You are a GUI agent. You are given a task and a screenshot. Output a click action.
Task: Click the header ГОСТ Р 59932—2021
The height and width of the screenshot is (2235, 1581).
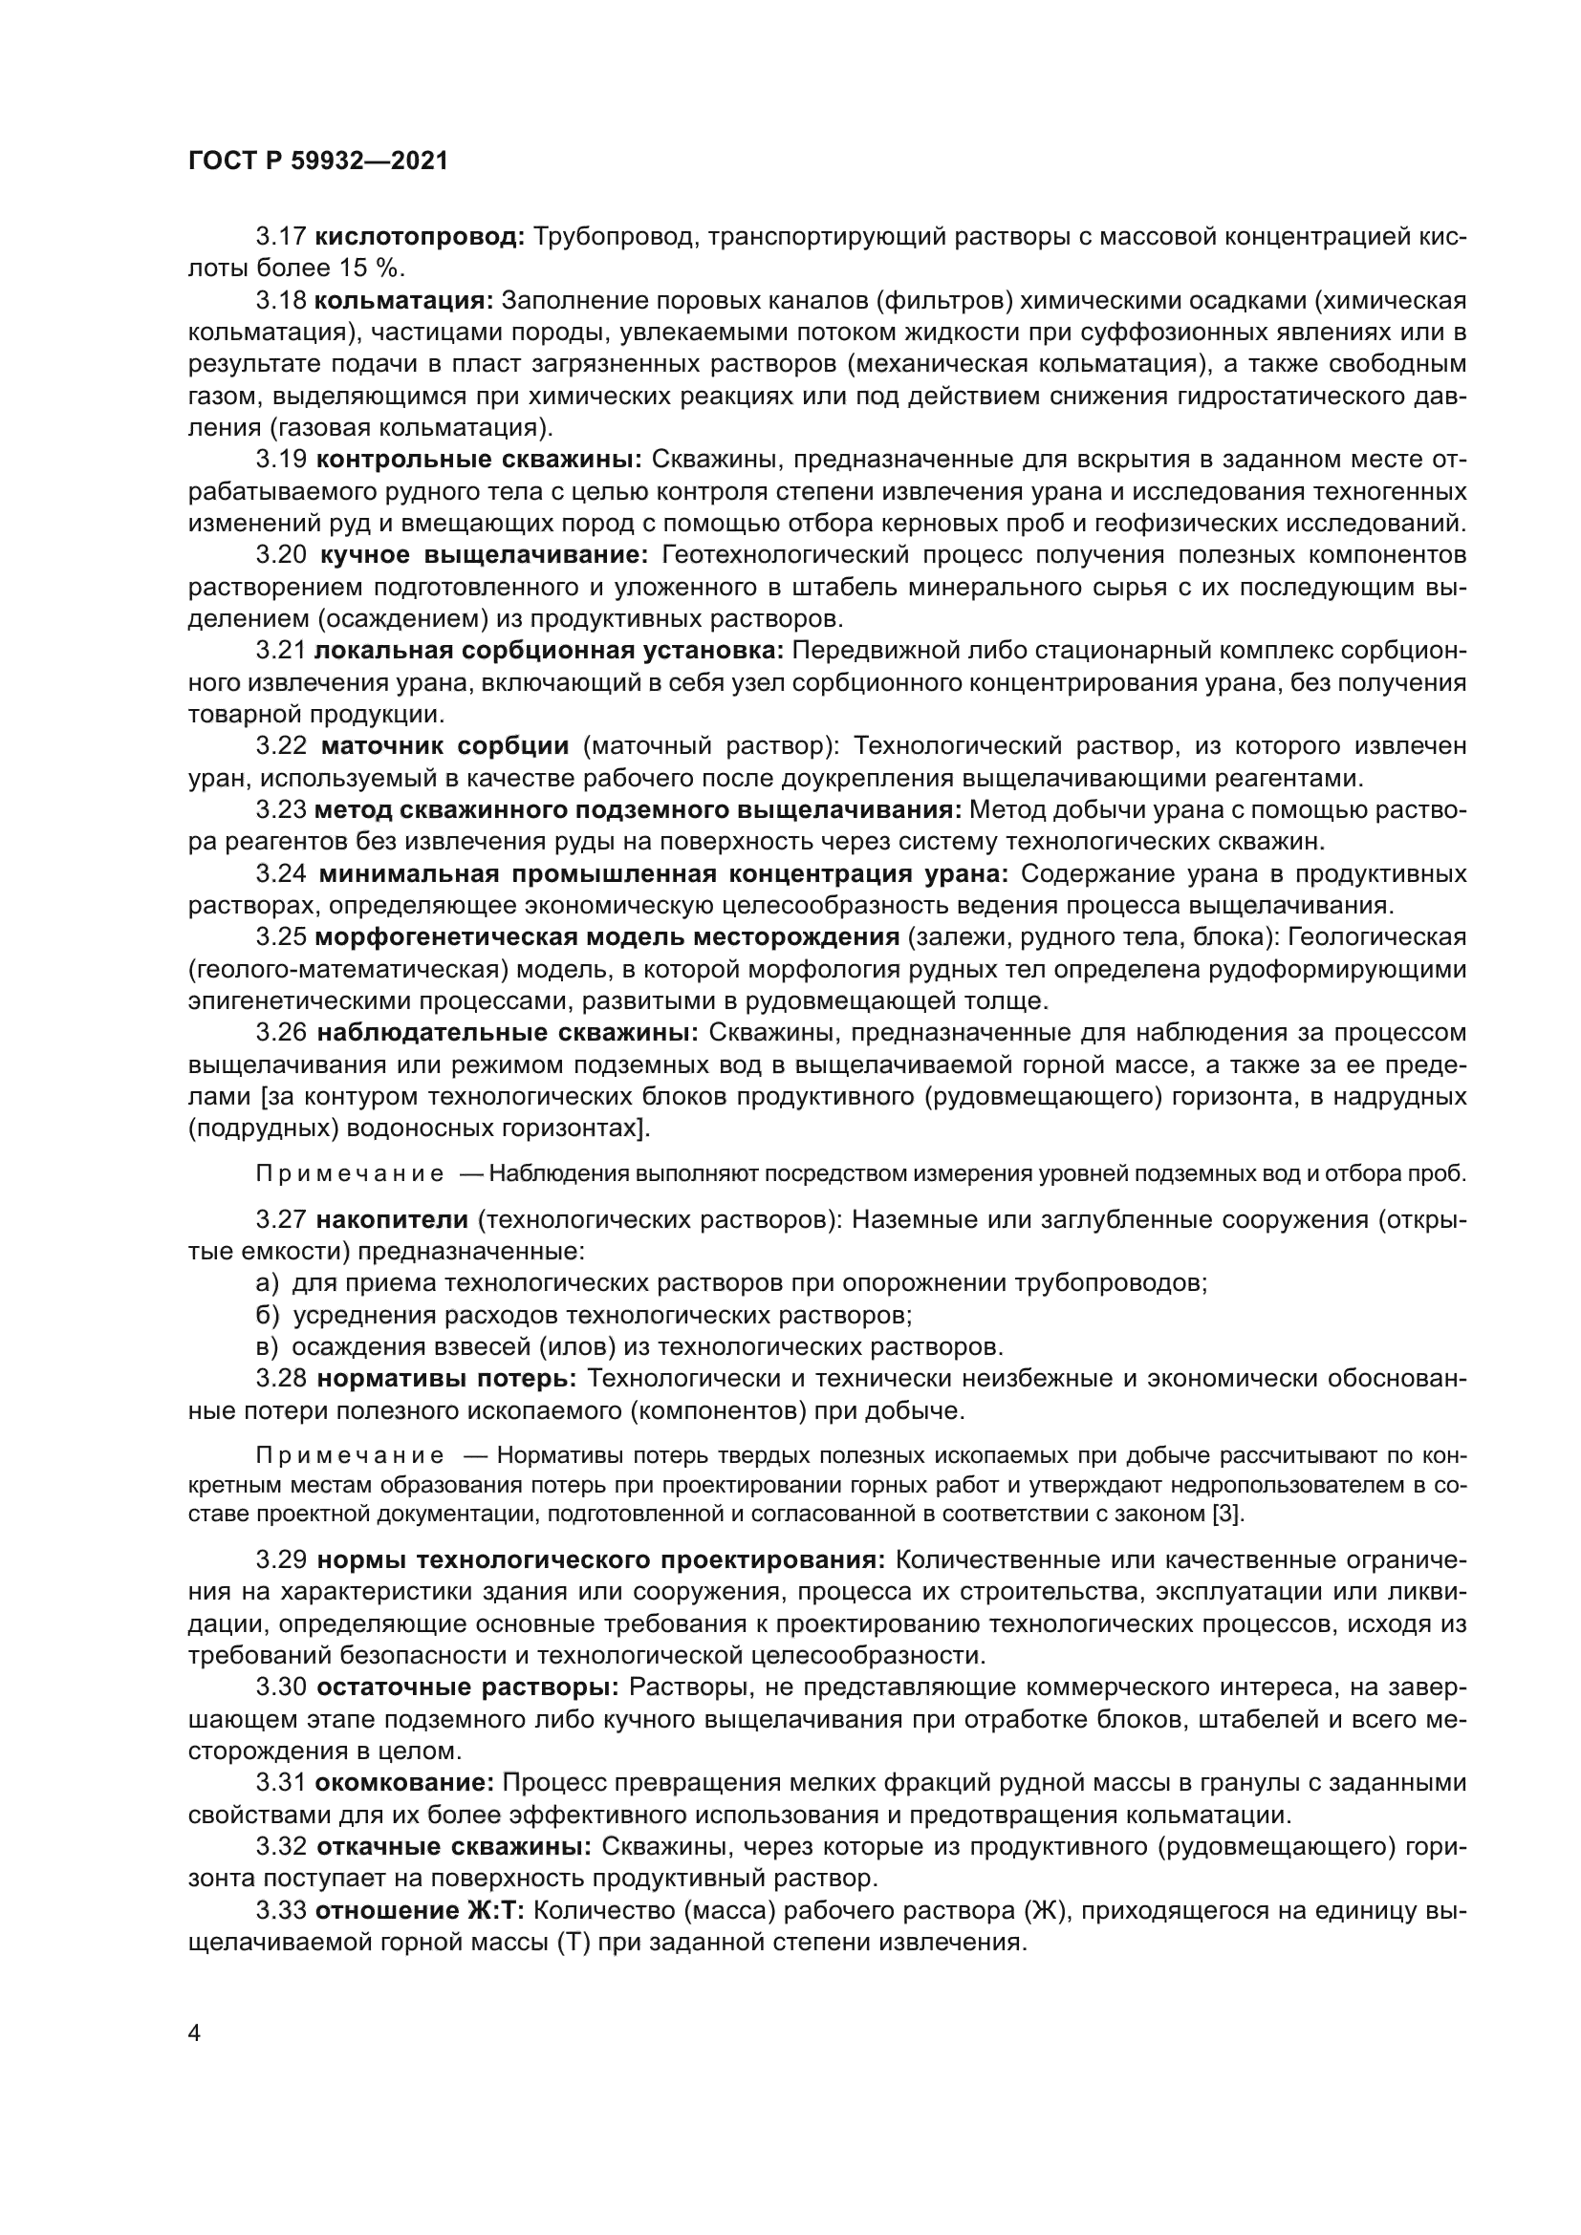coord(317,161)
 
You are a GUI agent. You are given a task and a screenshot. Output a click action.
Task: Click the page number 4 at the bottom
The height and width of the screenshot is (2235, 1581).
coord(195,2034)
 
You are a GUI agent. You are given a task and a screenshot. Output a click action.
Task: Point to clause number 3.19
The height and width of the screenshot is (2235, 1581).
coord(280,460)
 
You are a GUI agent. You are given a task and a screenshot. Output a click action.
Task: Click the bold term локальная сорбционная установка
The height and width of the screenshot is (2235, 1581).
coord(549,651)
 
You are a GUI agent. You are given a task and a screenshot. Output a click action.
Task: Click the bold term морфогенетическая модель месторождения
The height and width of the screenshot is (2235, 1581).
coord(607,937)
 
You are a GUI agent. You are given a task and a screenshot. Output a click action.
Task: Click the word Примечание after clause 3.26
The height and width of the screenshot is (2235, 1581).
coord(350,1174)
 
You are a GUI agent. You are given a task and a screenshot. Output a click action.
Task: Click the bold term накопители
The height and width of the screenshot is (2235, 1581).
coord(393,1219)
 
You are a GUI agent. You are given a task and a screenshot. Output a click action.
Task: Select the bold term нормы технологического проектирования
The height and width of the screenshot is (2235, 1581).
coord(600,1560)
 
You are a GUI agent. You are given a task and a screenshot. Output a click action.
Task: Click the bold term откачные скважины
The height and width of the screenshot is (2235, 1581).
coord(454,1847)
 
